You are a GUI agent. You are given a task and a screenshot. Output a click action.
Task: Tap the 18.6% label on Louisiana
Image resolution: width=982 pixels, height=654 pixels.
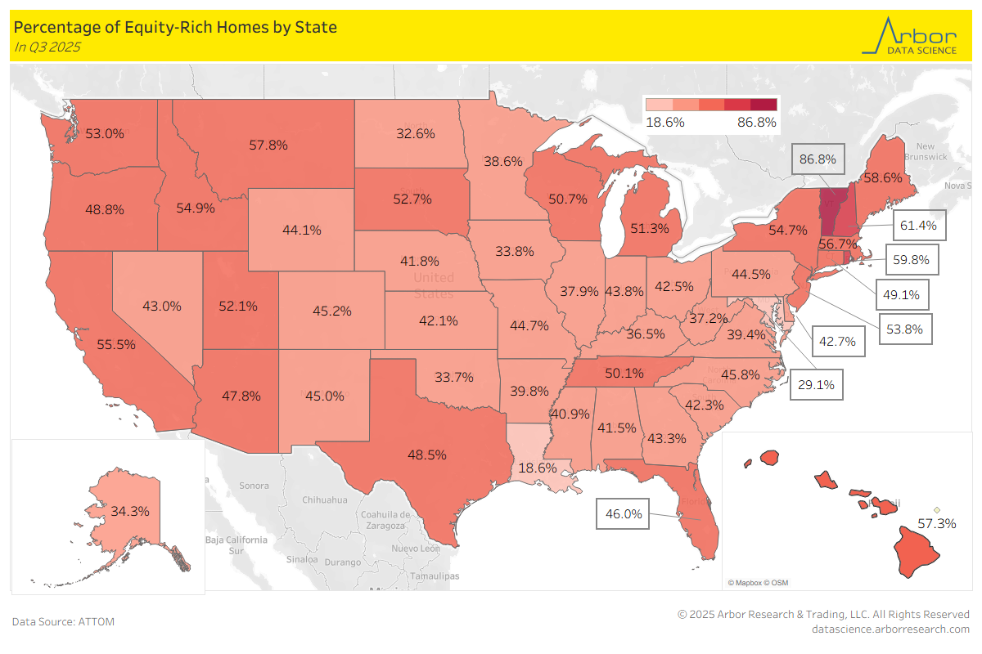tap(538, 468)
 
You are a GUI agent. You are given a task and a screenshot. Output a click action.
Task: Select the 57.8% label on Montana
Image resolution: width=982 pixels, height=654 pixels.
tap(268, 145)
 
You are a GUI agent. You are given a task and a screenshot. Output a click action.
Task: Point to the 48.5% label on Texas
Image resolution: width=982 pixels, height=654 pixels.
tap(426, 455)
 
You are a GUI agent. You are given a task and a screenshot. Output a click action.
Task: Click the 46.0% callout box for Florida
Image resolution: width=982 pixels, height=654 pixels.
tap(624, 514)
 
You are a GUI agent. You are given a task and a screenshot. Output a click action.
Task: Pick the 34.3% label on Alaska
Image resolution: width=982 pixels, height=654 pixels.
tap(129, 511)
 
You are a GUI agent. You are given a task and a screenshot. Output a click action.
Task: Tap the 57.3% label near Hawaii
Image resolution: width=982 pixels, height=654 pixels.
tap(936, 523)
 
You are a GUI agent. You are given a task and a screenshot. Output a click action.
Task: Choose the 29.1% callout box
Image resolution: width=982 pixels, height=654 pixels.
tap(816, 383)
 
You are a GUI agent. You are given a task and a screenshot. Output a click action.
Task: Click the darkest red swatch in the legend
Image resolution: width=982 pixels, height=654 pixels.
tap(764, 105)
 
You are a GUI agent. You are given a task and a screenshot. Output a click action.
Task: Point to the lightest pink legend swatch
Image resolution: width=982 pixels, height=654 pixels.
tap(659, 105)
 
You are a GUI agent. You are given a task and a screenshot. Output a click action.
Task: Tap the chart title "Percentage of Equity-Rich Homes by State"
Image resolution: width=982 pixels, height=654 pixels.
tap(176, 27)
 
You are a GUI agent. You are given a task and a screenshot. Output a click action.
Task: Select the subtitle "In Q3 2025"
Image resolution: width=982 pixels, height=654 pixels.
tap(47, 47)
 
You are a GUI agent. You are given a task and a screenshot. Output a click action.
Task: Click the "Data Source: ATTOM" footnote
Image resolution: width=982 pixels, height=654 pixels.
tap(63, 621)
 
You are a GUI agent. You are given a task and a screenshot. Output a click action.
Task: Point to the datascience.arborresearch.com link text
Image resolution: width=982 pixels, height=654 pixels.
tap(890, 629)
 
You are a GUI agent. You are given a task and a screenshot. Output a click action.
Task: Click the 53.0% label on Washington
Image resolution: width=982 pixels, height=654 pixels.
tap(105, 133)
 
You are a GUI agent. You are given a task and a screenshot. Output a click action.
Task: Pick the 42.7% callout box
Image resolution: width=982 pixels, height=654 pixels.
tap(839, 341)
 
